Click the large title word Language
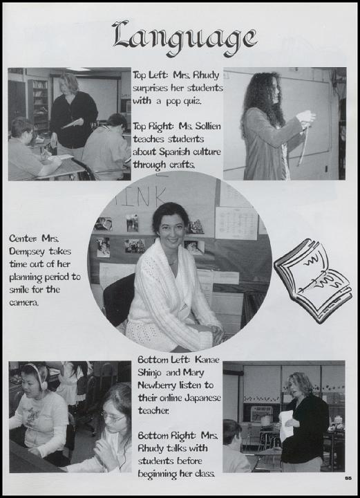184,39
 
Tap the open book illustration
312,280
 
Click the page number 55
348,479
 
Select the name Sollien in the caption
205,126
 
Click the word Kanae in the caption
207,360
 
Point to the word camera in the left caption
23,303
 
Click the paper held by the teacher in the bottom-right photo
287,425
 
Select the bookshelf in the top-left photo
38,104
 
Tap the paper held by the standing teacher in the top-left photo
73,123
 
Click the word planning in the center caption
26,277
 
